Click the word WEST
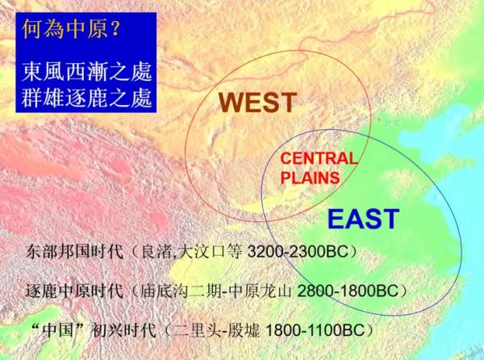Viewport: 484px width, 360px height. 259,103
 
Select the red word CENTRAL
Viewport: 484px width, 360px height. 318,158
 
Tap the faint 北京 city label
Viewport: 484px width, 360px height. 391,123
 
